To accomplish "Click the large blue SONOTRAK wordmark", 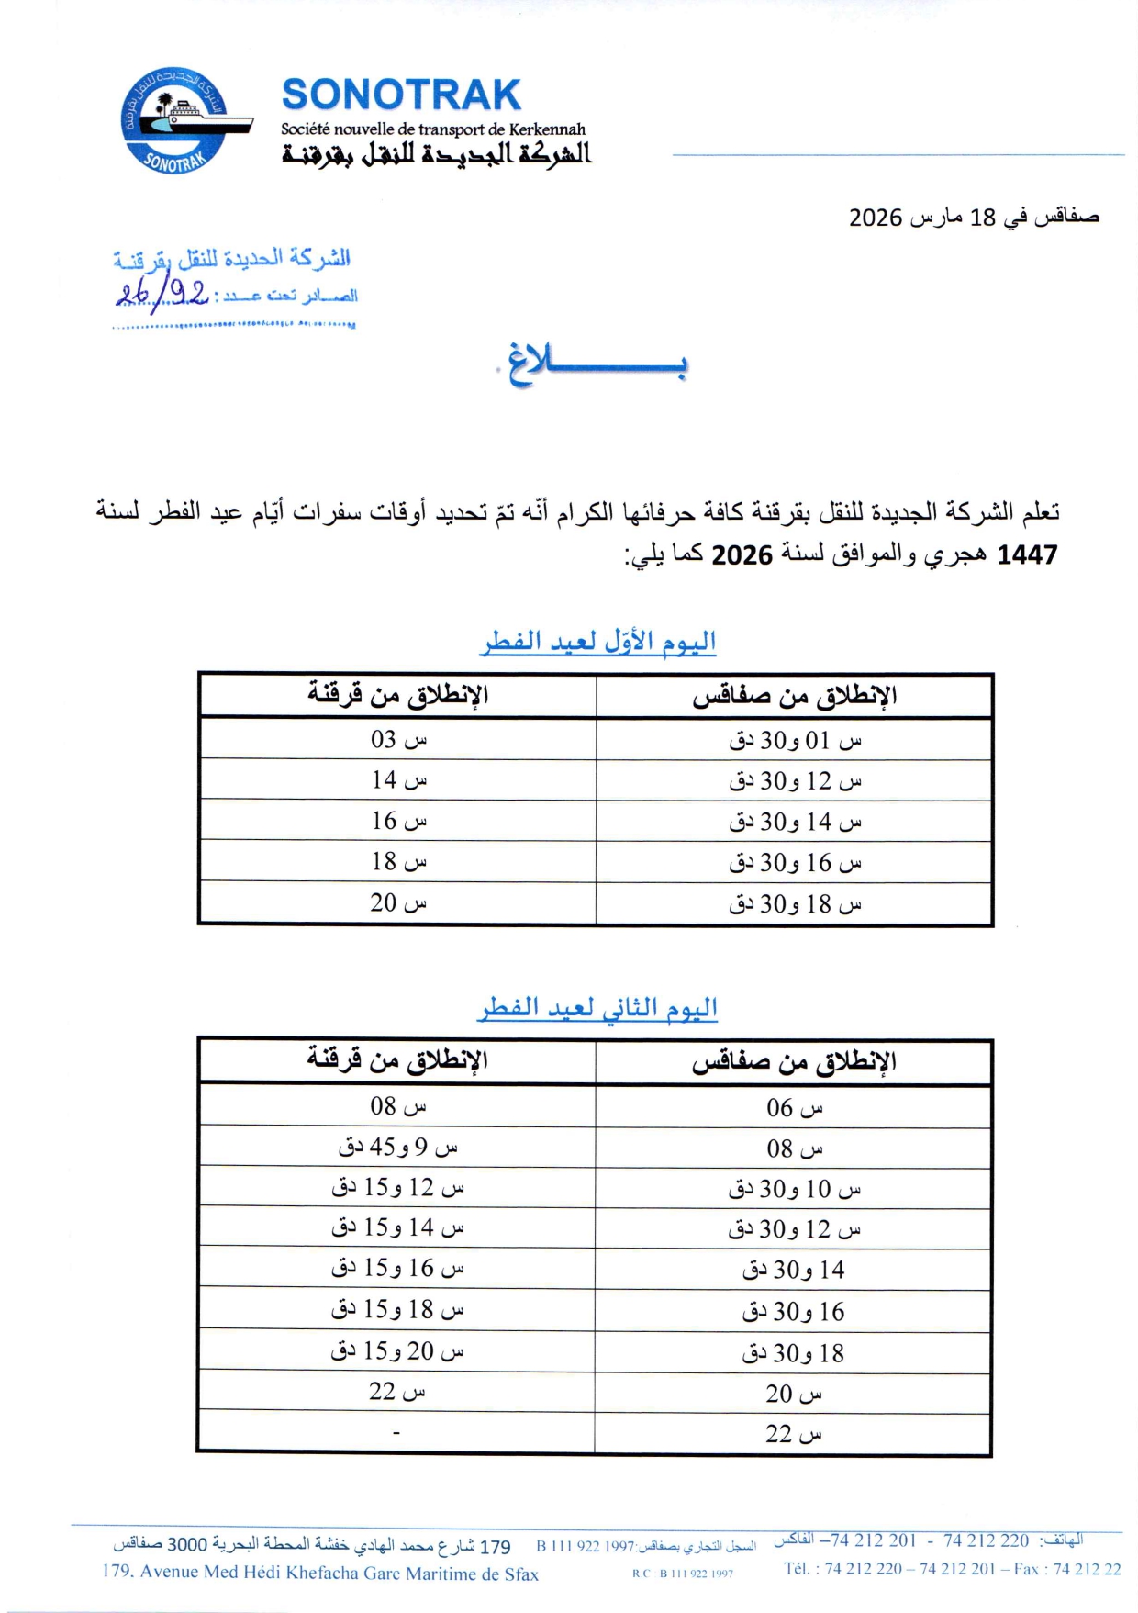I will (401, 95).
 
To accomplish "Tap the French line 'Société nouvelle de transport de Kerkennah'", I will (432, 129).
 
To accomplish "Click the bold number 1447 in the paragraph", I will (1027, 554).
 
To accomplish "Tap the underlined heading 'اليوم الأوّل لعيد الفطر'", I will (597, 641).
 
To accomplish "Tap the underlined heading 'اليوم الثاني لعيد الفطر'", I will (597, 1008).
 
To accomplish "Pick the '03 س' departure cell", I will (398, 739).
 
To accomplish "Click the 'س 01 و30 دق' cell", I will (795, 740).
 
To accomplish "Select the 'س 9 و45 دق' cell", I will (397, 1147).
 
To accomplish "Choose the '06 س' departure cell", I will (795, 1108).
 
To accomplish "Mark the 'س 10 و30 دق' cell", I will (795, 1189).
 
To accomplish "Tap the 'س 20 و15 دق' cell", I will (397, 1350).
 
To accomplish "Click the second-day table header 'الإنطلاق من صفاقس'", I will (794, 1062).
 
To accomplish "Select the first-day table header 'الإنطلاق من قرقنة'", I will (397, 695).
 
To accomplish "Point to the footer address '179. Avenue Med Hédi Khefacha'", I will (320, 1573).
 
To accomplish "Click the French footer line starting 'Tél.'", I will (952, 1569).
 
